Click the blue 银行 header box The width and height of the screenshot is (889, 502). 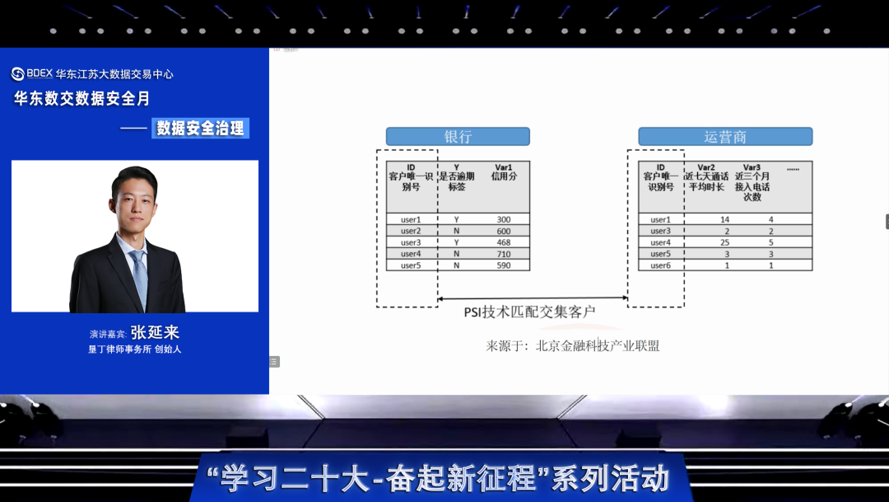click(458, 136)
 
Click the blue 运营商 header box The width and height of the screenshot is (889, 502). click(725, 136)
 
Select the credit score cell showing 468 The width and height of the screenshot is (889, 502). click(504, 242)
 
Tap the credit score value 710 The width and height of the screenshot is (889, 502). click(504, 254)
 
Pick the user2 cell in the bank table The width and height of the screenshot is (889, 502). click(411, 231)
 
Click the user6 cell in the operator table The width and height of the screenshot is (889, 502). click(660, 265)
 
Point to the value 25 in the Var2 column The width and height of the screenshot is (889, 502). click(724, 242)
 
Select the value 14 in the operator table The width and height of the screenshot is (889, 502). click(724, 219)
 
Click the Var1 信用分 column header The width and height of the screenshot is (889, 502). click(504, 172)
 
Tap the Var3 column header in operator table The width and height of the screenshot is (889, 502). click(752, 182)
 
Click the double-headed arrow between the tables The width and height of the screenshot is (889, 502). click(533, 298)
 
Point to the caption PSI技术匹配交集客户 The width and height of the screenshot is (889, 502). click(529, 312)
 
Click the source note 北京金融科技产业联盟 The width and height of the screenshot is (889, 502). click(598, 346)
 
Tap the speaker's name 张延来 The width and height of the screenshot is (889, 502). click(155, 332)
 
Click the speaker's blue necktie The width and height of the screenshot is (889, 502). click(139, 279)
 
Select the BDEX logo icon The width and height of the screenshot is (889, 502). click(17, 74)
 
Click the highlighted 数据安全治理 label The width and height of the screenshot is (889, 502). click(200, 129)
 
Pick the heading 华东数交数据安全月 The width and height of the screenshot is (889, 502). click(81, 99)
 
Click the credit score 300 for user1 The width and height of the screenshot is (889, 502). click(504, 219)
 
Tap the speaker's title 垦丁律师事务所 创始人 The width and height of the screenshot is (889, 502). click(134, 350)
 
